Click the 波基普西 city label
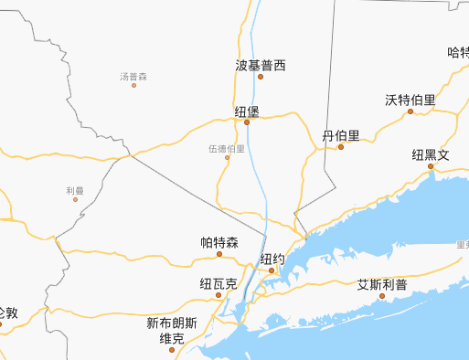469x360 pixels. [261, 66]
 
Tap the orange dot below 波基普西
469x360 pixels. [261, 77]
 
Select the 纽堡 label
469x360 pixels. [247, 111]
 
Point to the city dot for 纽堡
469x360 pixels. [247, 122]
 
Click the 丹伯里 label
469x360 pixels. [341, 135]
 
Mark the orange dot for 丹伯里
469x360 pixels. [341, 146]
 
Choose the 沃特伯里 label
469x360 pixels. [410, 100]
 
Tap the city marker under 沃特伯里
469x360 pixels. [410, 111]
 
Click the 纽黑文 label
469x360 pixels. [431, 154]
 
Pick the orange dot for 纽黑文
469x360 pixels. [431, 166]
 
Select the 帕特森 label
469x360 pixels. [219, 242]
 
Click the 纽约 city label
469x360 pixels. [272, 259]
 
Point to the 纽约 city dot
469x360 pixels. [272, 270]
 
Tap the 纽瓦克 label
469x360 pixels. [219, 284]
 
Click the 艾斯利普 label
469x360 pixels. [382, 284]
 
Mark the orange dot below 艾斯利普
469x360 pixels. [382, 295]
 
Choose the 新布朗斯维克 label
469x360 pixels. [172, 331]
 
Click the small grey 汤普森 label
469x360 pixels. [133, 76]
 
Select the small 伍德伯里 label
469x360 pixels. [227, 147]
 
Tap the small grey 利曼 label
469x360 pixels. [75, 190]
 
